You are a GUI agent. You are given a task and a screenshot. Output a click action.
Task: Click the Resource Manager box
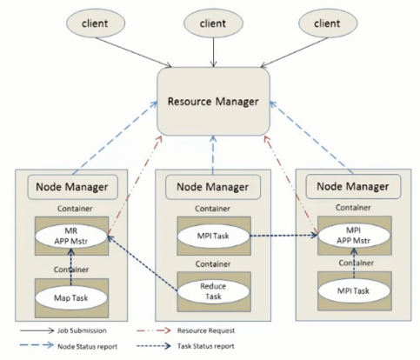(213, 102)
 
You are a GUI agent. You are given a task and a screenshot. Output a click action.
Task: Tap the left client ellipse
(96, 23)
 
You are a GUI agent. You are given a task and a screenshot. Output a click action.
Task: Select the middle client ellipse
(213, 23)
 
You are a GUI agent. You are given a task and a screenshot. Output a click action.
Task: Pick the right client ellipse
(328, 23)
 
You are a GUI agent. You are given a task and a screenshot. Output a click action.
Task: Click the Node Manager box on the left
(72, 187)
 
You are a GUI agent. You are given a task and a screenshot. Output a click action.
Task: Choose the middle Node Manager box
(213, 187)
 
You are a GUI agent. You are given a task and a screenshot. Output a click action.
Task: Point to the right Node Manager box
(353, 186)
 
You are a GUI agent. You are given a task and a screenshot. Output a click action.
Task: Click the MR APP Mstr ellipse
(71, 237)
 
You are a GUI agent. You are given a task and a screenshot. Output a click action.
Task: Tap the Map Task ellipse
(71, 298)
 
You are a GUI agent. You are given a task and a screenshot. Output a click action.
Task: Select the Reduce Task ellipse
(213, 291)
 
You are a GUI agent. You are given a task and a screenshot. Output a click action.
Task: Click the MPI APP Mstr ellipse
(354, 236)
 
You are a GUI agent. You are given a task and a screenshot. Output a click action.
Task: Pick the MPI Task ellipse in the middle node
(213, 236)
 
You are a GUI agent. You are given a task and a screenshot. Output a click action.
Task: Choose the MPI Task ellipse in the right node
(354, 290)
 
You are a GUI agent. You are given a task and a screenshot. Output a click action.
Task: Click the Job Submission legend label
(82, 330)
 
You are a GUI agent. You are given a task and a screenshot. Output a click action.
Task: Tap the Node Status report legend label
(87, 346)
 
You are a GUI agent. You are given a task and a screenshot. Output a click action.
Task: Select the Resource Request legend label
(206, 330)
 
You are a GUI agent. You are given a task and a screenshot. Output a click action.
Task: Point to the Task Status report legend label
(206, 346)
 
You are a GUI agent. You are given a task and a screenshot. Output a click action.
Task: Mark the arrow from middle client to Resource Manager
(214, 52)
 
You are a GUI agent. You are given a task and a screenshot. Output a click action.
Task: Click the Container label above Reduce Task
(213, 264)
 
